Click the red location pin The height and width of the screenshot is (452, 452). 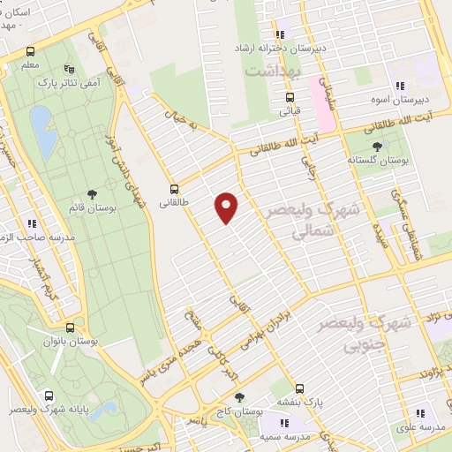227,207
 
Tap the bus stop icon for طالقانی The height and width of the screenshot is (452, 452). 173,188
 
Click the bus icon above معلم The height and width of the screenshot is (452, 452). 31,51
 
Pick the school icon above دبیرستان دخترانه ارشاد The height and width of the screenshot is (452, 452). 282,32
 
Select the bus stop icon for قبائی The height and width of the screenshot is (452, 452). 289,98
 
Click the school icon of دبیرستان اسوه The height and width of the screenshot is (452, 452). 400,86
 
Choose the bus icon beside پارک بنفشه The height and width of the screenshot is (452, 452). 299,388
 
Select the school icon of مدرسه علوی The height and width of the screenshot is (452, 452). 420,411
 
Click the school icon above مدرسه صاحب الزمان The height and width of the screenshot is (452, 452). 33,223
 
